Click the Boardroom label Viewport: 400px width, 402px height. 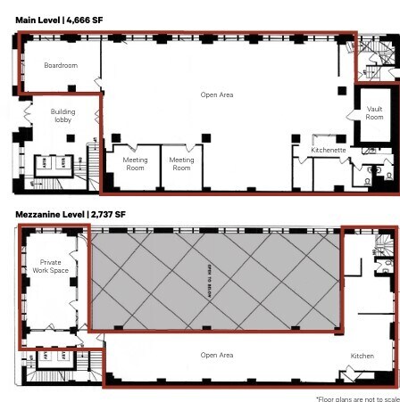coord(62,65)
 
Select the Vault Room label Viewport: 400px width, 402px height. coord(374,112)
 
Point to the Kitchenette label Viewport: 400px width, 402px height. coord(328,151)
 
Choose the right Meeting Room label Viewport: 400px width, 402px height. coord(181,163)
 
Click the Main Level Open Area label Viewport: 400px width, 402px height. coord(217,94)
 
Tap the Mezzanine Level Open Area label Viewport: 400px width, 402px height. coord(217,380)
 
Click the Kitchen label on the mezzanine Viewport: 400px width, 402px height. coord(362,381)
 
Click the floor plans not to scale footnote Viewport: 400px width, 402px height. coord(354,398)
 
